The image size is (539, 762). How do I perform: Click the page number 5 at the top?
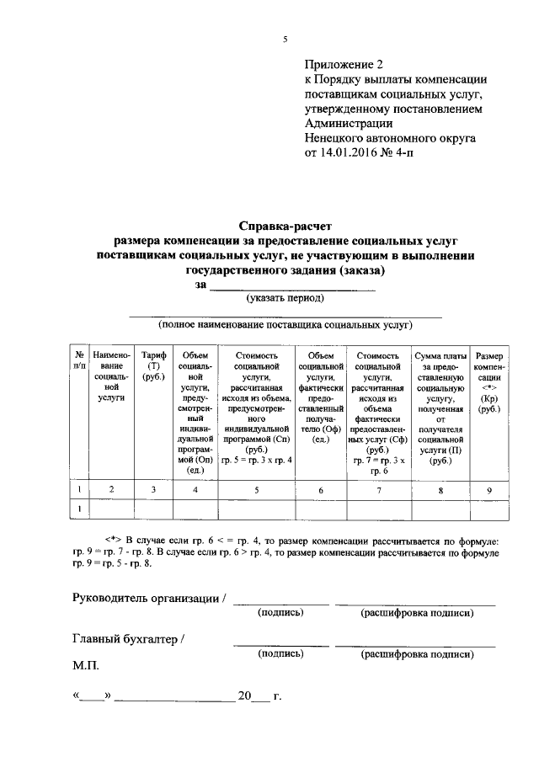tap(286, 40)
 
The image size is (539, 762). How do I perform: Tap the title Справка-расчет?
tap(286, 226)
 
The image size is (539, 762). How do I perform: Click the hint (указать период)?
tap(285, 297)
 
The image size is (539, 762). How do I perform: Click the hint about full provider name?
tap(285, 324)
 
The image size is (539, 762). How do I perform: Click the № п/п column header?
tap(78, 360)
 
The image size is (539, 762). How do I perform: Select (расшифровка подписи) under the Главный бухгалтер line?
tap(416, 653)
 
